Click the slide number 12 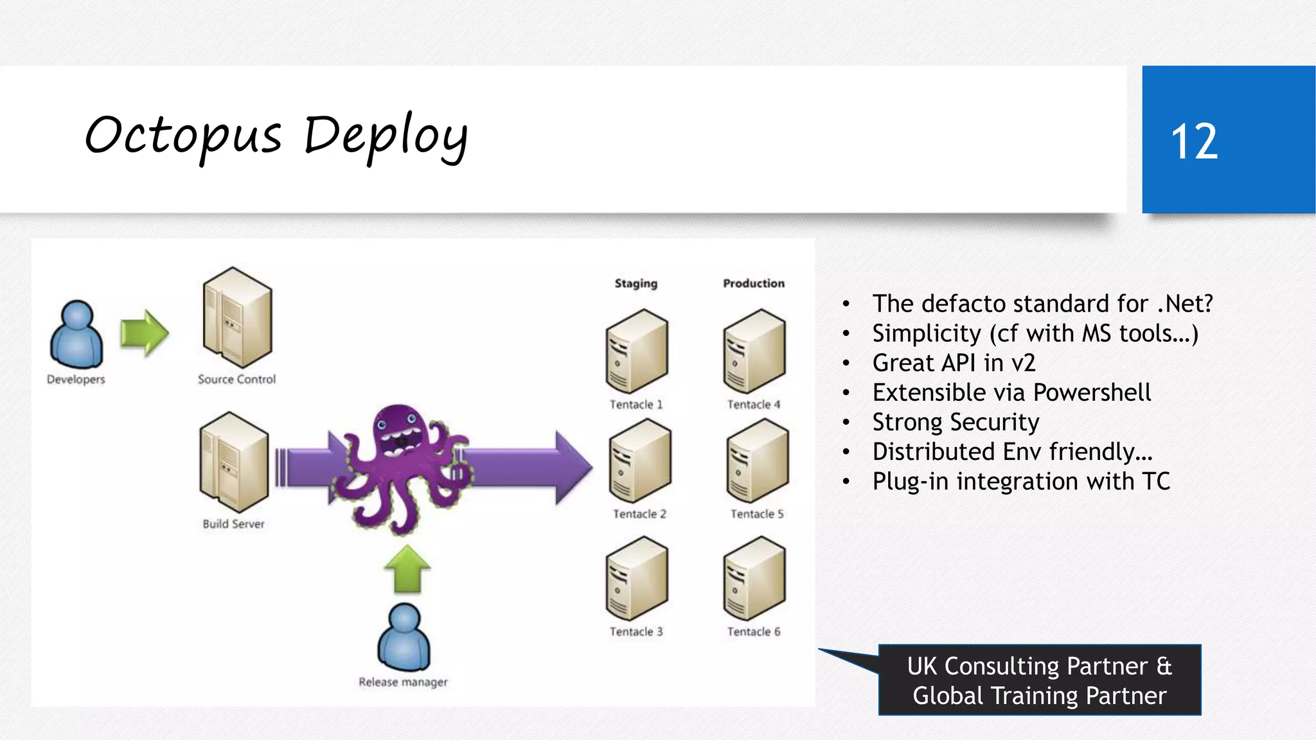(x=1194, y=141)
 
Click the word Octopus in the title (x=184, y=136)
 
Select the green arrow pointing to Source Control (x=145, y=333)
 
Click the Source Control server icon (x=237, y=318)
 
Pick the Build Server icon (x=234, y=463)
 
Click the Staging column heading (x=636, y=283)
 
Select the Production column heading (x=754, y=283)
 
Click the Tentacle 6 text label (x=754, y=631)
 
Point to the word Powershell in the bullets (x=1092, y=392)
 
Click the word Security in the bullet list (x=997, y=422)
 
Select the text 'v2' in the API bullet (x=1022, y=363)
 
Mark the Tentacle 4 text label (x=754, y=404)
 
